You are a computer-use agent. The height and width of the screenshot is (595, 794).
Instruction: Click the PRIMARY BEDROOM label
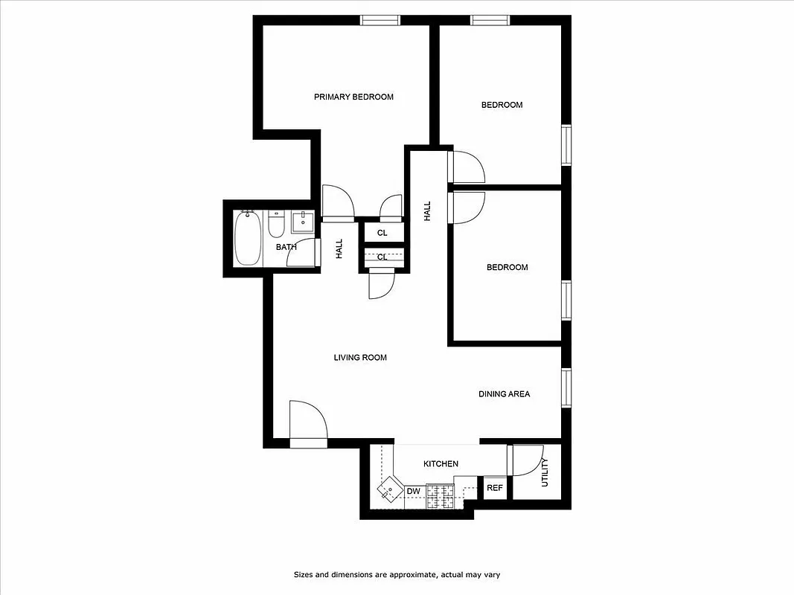(353, 97)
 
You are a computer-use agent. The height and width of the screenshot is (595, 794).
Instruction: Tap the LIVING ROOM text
(360, 358)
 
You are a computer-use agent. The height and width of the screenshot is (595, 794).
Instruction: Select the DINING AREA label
(504, 394)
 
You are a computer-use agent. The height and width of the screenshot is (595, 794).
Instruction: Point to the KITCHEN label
(441, 464)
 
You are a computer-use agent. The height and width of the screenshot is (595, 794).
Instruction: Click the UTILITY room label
(545, 472)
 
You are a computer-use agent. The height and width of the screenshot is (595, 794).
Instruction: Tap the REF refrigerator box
(494, 489)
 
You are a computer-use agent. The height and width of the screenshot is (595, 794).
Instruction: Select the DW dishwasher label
(414, 492)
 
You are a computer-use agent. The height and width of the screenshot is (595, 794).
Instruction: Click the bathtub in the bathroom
(247, 238)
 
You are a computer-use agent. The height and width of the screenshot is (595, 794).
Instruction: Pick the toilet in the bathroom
(276, 223)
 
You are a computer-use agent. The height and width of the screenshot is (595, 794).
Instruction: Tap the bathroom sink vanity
(303, 222)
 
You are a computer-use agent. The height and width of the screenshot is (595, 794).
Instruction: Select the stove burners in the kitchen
(440, 496)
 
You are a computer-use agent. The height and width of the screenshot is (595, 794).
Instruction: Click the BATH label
(286, 247)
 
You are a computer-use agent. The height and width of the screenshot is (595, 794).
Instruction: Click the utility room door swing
(525, 460)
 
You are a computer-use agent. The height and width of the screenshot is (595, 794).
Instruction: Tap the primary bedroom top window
(381, 20)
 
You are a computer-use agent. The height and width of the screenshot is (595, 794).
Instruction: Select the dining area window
(566, 388)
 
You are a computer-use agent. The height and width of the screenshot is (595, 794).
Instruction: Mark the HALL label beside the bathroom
(339, 248)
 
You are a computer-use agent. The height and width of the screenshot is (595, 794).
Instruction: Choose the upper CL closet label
(382, 233)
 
